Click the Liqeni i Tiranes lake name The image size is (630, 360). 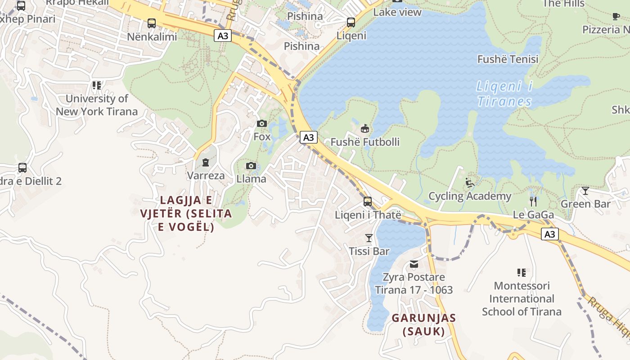click(x=504, y=94)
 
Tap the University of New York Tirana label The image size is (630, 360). click(x=96, y=105)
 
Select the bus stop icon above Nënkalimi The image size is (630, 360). click(x=152, y=23)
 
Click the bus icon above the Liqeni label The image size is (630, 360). click(x=351, y=22)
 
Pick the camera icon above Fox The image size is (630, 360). click(x=261, y=123)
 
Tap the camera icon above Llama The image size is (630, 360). click(x=251, y=166)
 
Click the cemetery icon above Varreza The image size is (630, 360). click(x=206, y=162)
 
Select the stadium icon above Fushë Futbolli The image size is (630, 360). click(x=365, y=129)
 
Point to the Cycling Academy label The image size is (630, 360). click(x=470, y=196)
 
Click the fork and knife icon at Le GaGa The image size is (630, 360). click(x=533, y=201)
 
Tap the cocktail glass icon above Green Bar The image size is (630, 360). click(x=585, y=191)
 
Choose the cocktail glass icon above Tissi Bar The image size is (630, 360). click(x=369, y=238)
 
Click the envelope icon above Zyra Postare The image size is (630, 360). click(x=414, y=264)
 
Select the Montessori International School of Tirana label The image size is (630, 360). click(x=522, y=299)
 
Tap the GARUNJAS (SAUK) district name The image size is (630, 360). click(x=423, y=324)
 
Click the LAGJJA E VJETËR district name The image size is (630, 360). click(x=186, y=213)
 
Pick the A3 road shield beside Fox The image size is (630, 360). click(x=308, y=137)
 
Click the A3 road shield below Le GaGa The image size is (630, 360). click(x=549, y=234)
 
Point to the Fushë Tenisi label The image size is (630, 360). click(x=508, y=59)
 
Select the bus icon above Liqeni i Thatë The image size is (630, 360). click(x=368, y=201)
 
